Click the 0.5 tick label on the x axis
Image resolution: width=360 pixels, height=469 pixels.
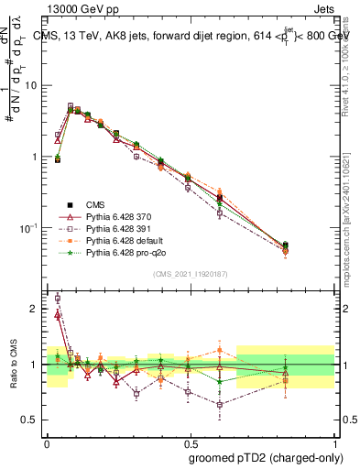190,441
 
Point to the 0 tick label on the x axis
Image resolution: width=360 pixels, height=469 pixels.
47,441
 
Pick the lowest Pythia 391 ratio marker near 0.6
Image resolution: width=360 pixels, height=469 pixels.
219,404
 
